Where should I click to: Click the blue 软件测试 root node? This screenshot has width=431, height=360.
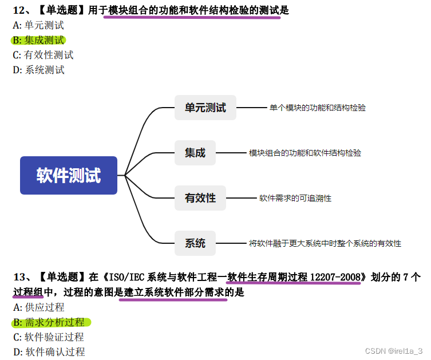click(x=69, y=175)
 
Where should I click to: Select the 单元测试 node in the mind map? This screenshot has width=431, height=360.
click(x=205, y=108)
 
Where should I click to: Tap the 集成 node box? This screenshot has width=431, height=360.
click(x=195, y=153)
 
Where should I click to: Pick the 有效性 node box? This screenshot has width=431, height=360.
click(x=200, y=198)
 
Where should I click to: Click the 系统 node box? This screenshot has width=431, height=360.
click(x=195, y=243)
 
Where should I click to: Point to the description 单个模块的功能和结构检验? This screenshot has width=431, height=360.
click(x=318, y=108)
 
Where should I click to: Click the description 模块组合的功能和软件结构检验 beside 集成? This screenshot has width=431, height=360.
click(x=305, y=153)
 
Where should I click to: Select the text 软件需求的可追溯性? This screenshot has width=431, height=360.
click(x=295, y=198)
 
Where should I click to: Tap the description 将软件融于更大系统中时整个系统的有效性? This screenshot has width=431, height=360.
click(x=325, y=243)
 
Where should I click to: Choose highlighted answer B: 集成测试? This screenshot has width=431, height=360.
click(x=38, y=40)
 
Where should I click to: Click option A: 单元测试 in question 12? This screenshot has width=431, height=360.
click(x=38, y=25)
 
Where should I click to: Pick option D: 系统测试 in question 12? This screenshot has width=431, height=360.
click(x=38, y=70)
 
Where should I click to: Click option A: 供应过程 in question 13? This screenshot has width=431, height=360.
click(x=38, y=307)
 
